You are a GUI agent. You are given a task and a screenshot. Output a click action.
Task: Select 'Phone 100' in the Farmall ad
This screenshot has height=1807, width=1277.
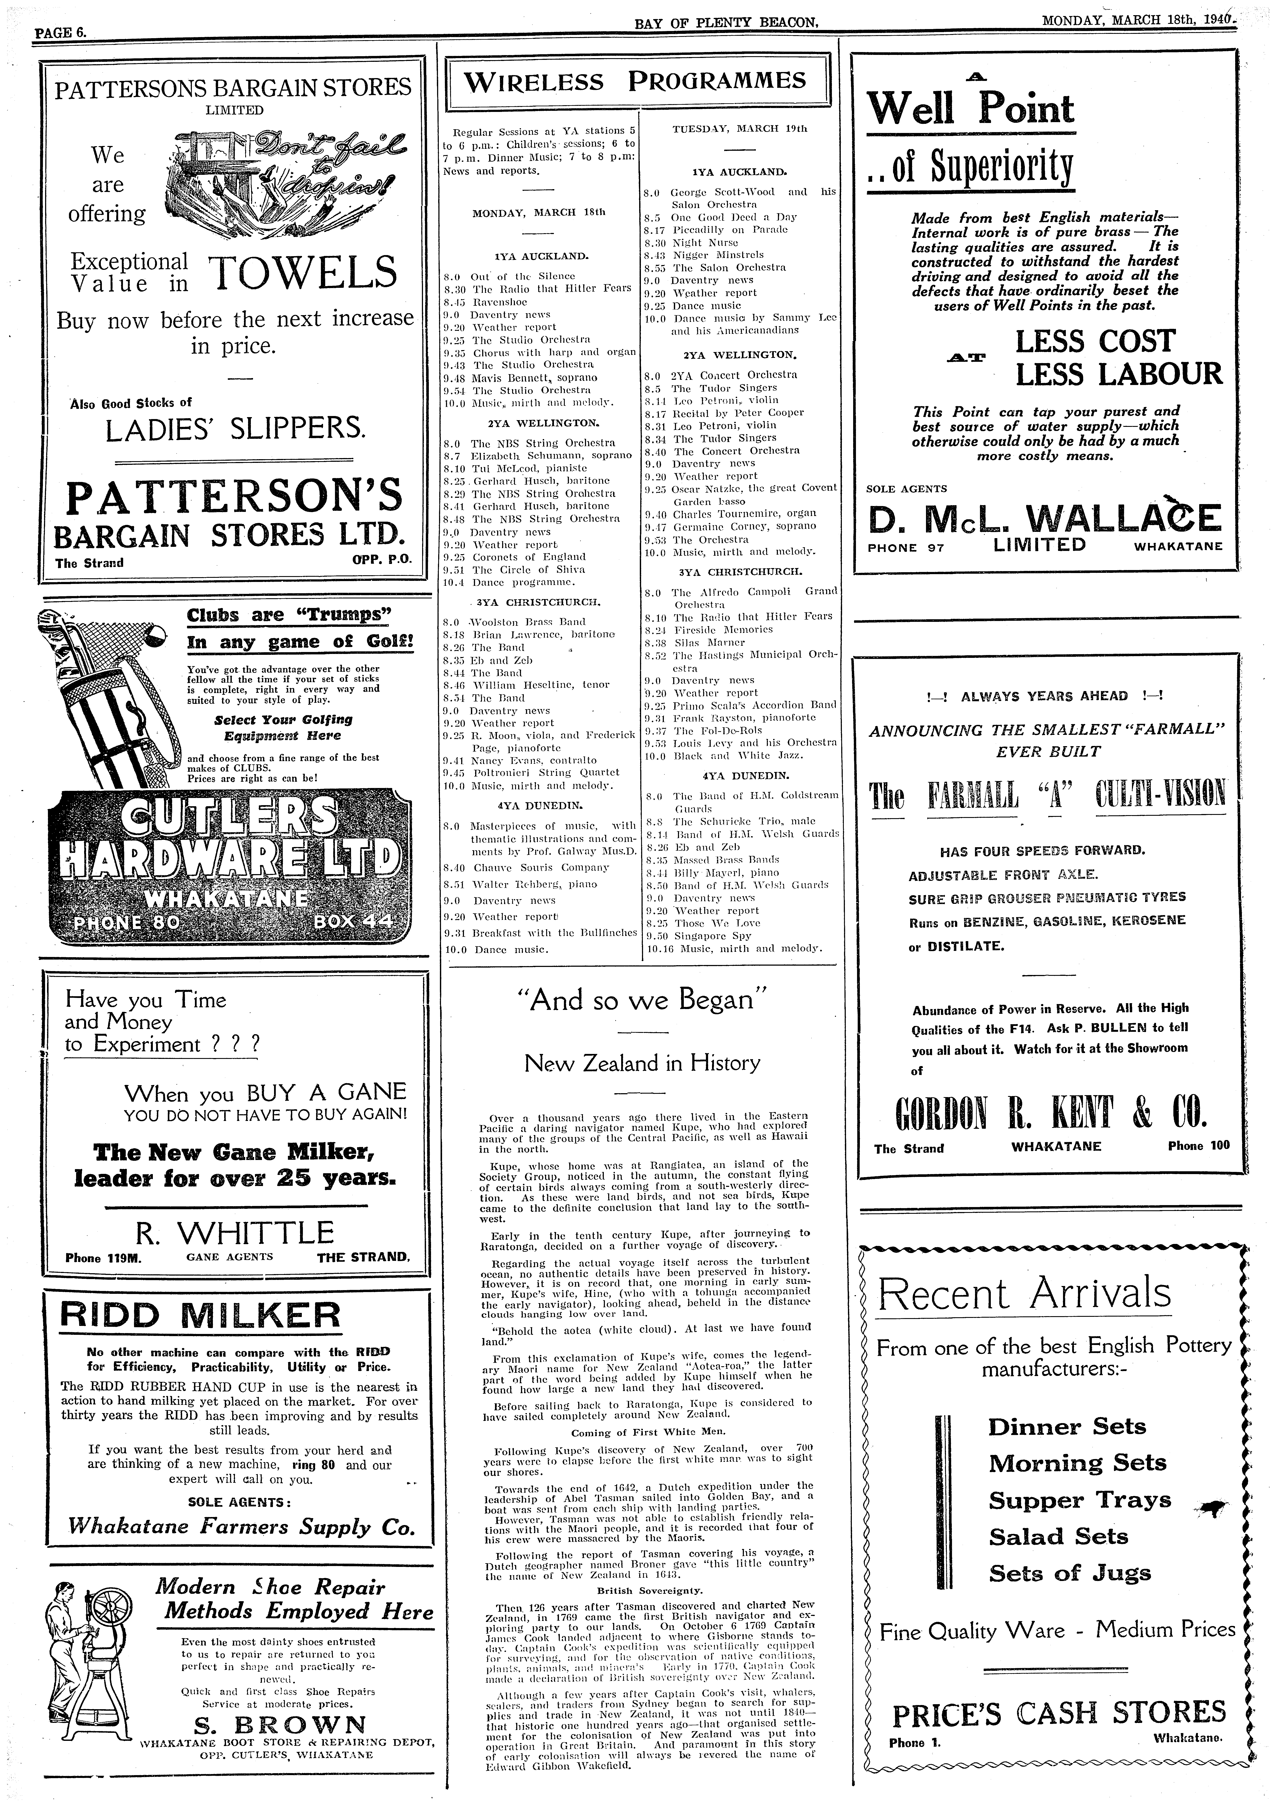pyautogui.click(x=1197, y=1146)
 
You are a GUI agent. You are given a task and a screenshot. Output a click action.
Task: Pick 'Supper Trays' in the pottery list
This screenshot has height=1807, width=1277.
pyautogui.click(x=1079, y=1500)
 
